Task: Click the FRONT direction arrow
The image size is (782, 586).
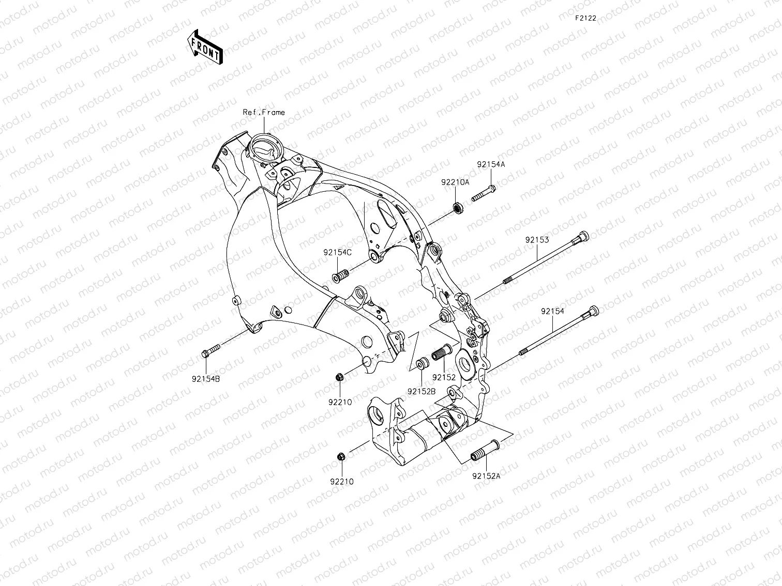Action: [x=205, y=47]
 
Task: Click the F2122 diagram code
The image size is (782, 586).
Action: [x=585, y=18]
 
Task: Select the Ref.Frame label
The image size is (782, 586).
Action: [x=264, y=112]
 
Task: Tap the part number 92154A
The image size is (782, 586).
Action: [x=491, y=164]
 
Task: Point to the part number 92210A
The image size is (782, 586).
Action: [x=455, y=182]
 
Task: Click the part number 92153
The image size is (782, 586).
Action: [x=537, y=240]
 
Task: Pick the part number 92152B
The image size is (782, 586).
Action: [x=421, y=391]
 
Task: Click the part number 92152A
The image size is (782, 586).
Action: [x=486, y=476]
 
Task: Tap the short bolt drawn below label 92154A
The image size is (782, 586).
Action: [x=484, y=193]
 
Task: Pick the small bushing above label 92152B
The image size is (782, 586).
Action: [x=421, y=363]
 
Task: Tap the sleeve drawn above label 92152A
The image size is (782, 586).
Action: [x=484, y=449]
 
